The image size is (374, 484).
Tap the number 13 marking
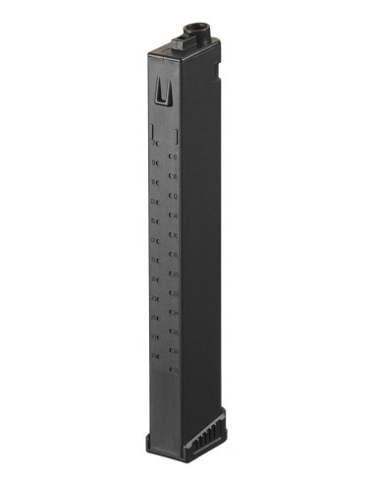(x=155, y=200)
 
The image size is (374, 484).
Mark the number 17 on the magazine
(x=155, y=238)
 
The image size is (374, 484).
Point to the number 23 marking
(x=155, y=296)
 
